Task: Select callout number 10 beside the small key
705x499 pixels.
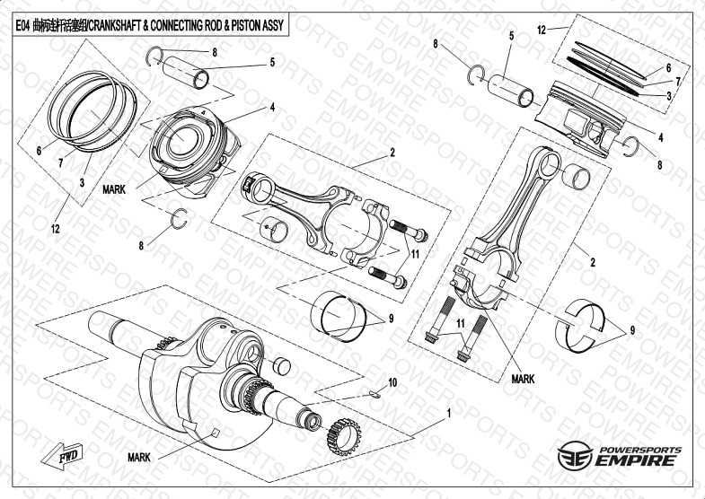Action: pos(392,383)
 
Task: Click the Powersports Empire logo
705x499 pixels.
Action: pos(619,456)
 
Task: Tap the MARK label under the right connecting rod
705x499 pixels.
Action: pos(523,379)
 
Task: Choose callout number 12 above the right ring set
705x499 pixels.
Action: pos(542,30)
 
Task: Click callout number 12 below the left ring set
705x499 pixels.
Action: pos(56,230)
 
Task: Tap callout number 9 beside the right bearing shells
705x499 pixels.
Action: pos(632,331)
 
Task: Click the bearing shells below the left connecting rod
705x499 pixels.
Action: pos(339,315)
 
